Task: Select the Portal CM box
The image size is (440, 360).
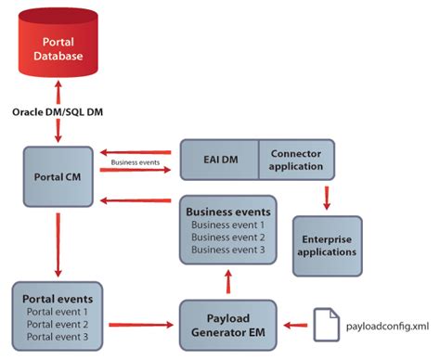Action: [59, 176]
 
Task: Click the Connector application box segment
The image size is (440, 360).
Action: [296, 160]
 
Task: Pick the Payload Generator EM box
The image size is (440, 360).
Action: [228, 325]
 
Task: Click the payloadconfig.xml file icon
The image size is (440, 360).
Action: [326, 324]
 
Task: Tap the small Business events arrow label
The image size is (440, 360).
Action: [138, 162]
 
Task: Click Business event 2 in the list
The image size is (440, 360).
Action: [228, 237]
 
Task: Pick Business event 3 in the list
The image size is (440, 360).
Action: [228, 250]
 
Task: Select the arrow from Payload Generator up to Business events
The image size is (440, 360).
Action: [228, 279]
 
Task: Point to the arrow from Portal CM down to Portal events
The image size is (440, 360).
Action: [59, 245]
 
